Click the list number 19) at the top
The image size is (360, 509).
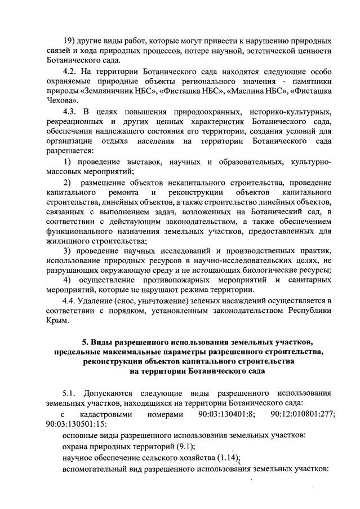(69, 41)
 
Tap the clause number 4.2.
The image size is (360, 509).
(71, 71)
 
